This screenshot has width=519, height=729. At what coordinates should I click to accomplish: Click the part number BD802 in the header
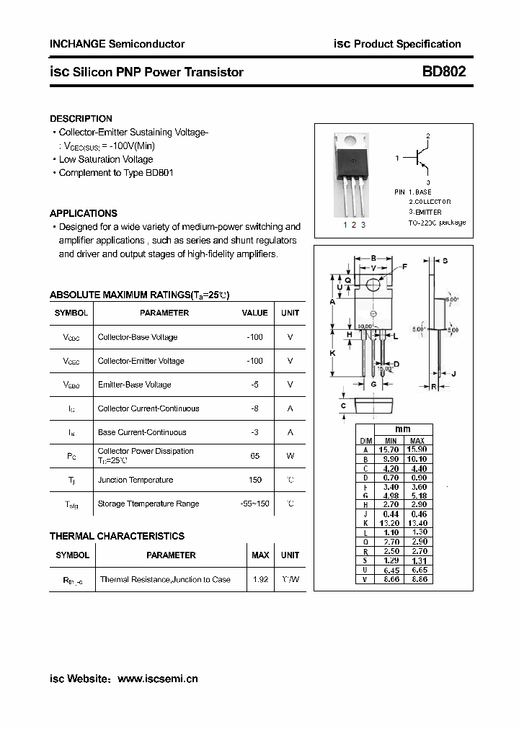[x=444, y=71]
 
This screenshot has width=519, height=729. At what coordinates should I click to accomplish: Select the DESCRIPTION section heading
[x=81, y=118]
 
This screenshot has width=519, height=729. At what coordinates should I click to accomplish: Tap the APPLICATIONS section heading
[x=83, y=213]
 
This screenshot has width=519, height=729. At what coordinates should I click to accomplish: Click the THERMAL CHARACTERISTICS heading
[x=117, y=536]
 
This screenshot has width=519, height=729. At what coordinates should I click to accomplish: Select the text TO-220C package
[x=437, y=223]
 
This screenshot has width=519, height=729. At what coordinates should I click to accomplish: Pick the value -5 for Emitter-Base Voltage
[x=254, y=385]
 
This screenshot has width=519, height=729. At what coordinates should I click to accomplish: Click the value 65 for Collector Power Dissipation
[x=254, y=456]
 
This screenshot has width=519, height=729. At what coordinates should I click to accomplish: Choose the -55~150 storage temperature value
[x=254, y=504]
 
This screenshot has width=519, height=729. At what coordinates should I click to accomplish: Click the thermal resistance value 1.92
[x=260, y=579]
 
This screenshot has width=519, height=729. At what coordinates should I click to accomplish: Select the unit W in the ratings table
[x=290, y=456]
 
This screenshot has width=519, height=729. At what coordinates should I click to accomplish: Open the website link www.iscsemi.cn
[x=157, y=679]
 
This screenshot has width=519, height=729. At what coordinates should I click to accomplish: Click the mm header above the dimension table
[x=404, y=429]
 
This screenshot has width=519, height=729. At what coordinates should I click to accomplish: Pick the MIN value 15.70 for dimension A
[x=390, y=450]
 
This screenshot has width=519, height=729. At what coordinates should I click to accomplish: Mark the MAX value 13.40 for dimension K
[x=417, y=524]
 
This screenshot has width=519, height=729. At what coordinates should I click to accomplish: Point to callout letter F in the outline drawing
[x=404, y=267]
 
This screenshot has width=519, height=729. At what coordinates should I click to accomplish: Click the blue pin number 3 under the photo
[x=363, y=225]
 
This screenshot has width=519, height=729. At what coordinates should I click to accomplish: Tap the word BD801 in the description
[x=159, y=173]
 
